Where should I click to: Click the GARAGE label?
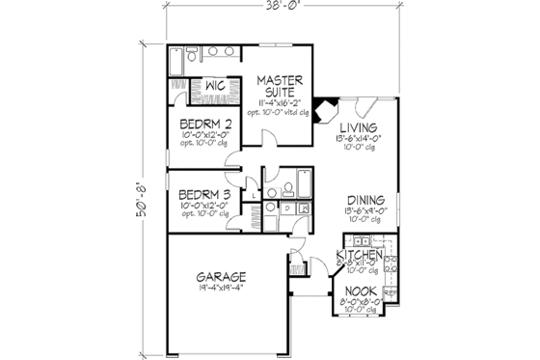(x=223, y=275)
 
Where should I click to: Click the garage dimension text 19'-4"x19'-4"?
(x=223, y=287)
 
